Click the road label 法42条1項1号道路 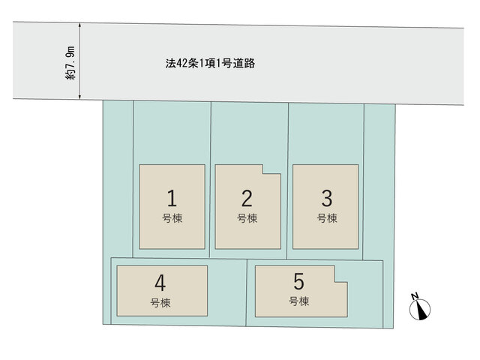tap(210, 63)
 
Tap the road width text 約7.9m tap(70, 63)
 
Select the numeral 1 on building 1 tap(172, 198)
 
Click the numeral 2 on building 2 tap(247, 198)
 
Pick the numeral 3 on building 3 tap(327, 198)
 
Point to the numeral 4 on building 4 tap(160, 283)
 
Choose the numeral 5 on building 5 tap(298, 282)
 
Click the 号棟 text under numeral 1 tap(172, 218)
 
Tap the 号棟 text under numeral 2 tap(247, 218)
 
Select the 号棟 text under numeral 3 tap(327, 218)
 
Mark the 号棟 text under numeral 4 tap(160, 303)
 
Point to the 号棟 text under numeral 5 tap(298, 301)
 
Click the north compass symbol tap(420, 310)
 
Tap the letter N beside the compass tap(415, 296)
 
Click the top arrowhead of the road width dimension tap(80, 25)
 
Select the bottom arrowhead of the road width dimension tap(80, 97)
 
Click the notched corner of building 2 tap(263, 174)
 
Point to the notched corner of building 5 tap(334, 282)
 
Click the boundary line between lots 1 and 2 tap(210, 180)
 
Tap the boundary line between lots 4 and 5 tap(246, 292)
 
